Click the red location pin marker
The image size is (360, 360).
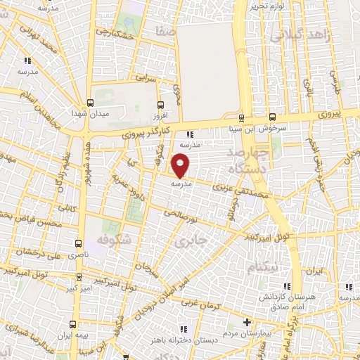click(x=181, y=166)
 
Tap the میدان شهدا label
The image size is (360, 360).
click(x=89, y=112)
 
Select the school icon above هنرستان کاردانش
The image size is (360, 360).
click(x=286, y=285)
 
